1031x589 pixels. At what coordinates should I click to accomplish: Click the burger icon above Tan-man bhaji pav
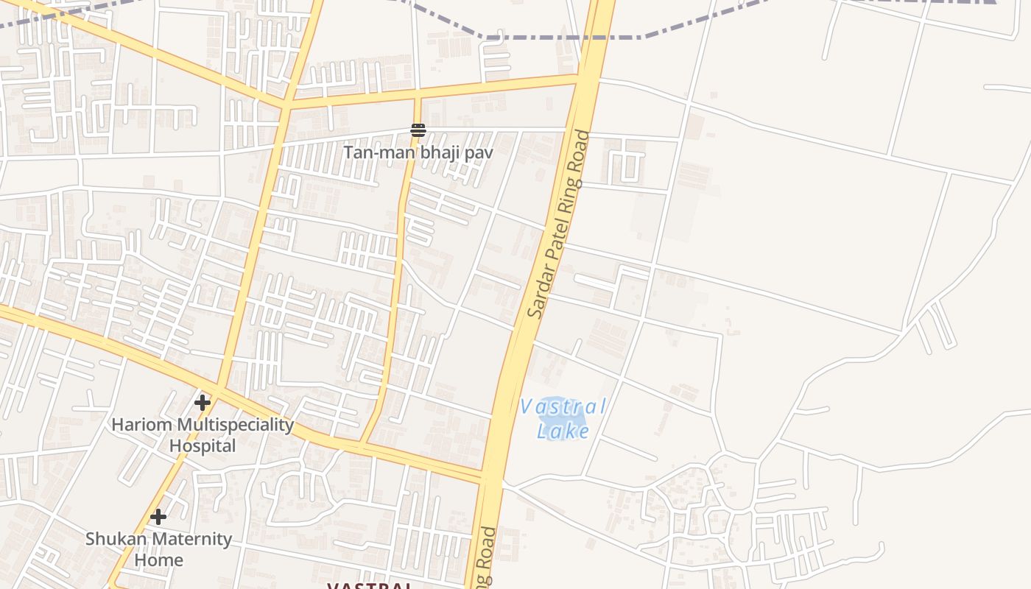pyautogui.click(x=418, y=131)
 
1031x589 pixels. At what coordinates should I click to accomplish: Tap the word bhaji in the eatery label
pyautogui.click(x=428, y=153)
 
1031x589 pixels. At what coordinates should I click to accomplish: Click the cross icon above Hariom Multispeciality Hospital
pyautogui.click(x=203, y=403)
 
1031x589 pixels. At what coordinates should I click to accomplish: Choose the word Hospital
pyautogui.click(x=203, y=446)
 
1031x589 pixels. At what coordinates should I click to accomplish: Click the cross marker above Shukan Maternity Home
pyautogui.click(x=158, y=517)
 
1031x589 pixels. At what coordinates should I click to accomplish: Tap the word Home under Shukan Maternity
pyautogui.click(x=158, y=560)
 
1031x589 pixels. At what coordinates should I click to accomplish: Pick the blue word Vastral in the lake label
pyautogui.click(x=563, y=406)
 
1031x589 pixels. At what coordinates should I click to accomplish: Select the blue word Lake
pyautogui.click(x=563, y=431)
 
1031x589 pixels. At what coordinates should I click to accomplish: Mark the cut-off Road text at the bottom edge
pyautogui.click(x=486, y=563)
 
